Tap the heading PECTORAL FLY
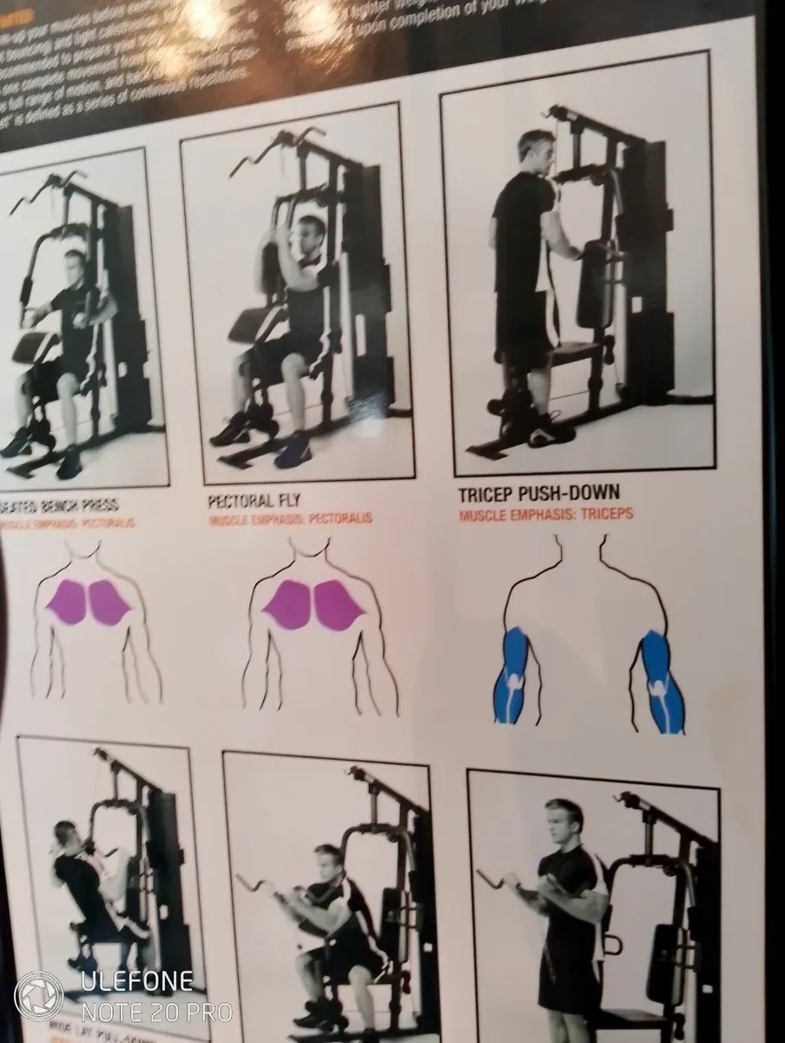pyautogui.click(x=254, y=502)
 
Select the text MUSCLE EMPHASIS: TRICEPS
pyautogui.click(x=545, y=515)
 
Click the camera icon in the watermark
pyautogui.click(x=39, y=996)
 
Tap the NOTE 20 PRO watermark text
pyautogui.click(x=156, y=1012)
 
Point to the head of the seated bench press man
pyautogui.click(x=76, y=266)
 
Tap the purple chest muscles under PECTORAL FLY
pyautogui.click(x=313, y=605)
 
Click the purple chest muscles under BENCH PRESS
pyautogui.click(x=88, y=601)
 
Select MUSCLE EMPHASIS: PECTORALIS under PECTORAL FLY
pyautogui.click(x=290, y=519)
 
